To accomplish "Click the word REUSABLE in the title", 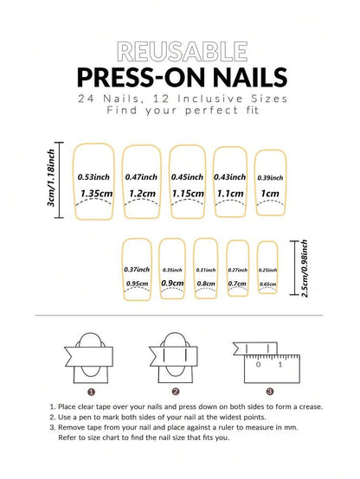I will [x=179, y=49].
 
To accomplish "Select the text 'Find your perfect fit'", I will [x=179, y=111].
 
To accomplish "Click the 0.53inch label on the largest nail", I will [x=93, y=176].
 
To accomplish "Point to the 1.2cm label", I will [x=141, y=194].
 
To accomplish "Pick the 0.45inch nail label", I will [x=188, y=176].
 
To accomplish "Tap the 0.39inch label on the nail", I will [x=270, y=176].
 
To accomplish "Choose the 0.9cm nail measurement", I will [x=171, y=283].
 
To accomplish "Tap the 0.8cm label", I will [x=205, y=284].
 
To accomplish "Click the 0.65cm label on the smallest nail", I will [x=267, y=284].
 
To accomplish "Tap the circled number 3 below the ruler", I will [x=269, y=391].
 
